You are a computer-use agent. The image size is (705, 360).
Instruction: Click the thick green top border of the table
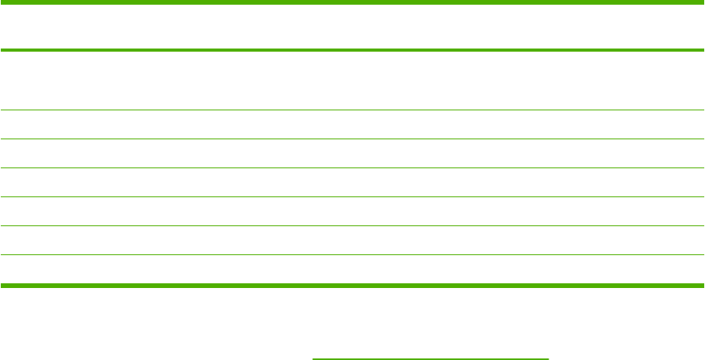coord(352,2)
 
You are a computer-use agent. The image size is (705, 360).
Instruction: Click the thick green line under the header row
coord(352,51)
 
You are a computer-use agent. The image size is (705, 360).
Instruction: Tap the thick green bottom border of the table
coord(352,284)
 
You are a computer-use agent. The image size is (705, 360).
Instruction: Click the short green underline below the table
coord(430,358)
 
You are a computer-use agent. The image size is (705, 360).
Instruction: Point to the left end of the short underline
coord(314,358)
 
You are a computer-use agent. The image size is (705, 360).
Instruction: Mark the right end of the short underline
coord(548,358)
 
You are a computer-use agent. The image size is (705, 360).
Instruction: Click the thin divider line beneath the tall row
coord(352,110)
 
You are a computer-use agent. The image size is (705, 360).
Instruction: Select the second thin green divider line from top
coord(352,139)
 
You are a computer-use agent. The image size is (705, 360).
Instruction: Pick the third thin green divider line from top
coord(352,167)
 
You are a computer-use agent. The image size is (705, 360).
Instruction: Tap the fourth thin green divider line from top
coord(352,196)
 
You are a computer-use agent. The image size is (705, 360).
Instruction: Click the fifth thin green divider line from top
coord(352,225)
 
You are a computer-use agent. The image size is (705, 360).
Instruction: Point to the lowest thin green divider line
coord(352,254)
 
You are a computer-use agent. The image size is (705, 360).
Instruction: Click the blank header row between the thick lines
coord(352,27)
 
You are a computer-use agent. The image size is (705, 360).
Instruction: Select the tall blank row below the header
coord(352,81)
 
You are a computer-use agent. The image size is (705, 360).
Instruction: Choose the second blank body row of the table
coord(352,124)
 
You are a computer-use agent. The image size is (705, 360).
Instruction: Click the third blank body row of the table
coord(352,153)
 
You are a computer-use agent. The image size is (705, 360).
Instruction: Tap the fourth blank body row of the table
coord(352,182)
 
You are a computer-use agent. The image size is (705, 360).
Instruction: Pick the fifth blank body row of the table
coord(352,211)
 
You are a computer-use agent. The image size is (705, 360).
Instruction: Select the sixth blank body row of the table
coord(352,240)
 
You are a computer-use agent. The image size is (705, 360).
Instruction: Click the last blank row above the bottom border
coord(352,268)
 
